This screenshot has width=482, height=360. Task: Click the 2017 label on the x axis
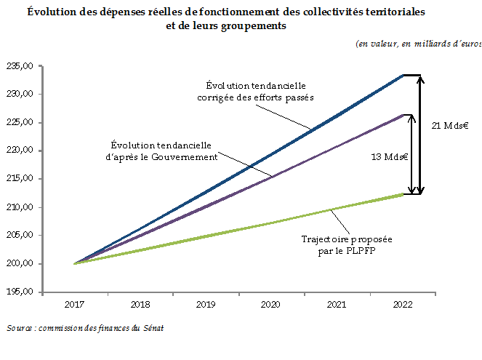(76, 305)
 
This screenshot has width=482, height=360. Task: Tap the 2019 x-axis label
(206, 305)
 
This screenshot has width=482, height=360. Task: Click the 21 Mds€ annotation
(449, 126)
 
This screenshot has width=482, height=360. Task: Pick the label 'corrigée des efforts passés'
(255, 98)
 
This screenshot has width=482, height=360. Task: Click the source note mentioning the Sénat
(85, 328)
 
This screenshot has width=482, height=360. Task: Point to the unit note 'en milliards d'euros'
(418, 44)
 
